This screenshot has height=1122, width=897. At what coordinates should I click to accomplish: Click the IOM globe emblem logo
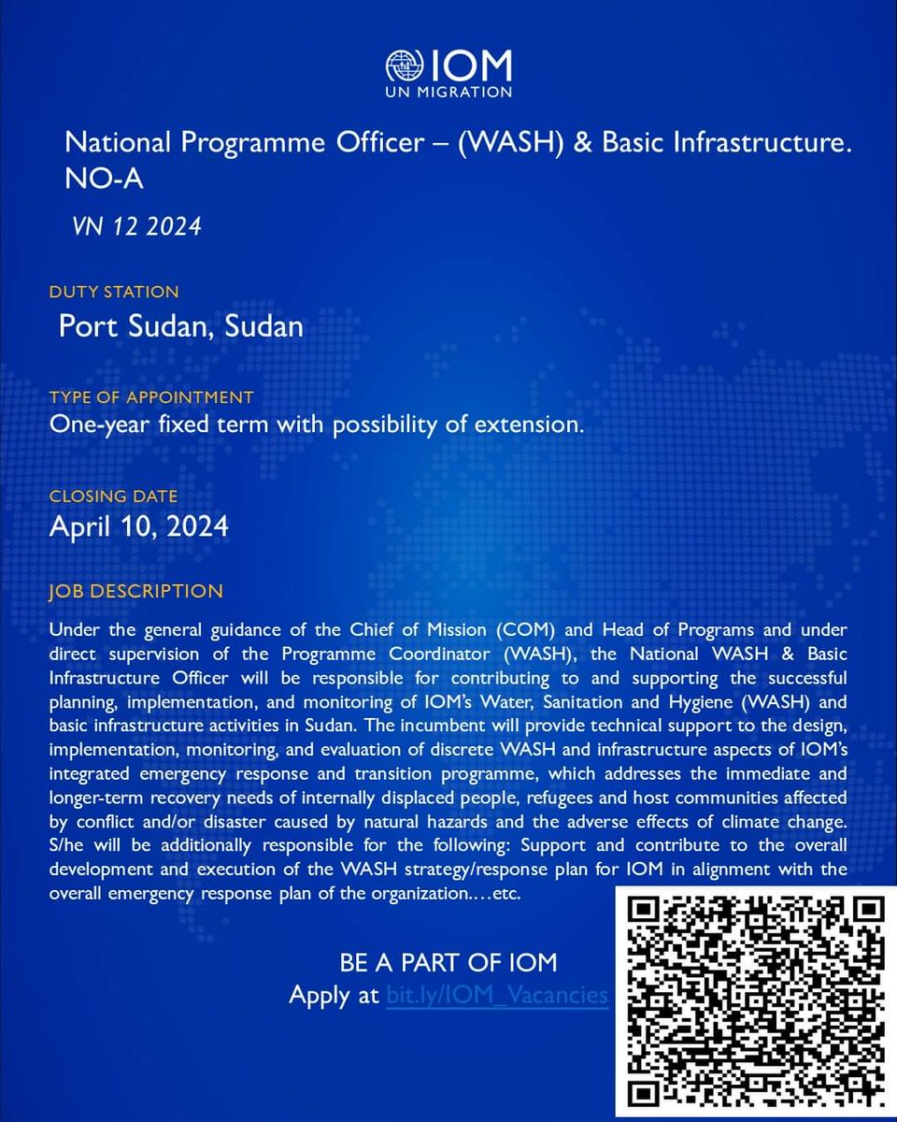[x=405, y=66]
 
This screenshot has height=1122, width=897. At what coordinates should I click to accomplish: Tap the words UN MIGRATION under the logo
[x=449, y=92]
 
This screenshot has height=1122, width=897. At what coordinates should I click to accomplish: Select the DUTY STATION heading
[x=114, y=293]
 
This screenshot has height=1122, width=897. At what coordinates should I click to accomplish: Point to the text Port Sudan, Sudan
[x=180, y=326]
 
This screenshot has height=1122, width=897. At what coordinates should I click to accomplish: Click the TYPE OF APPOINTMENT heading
[x=151, y=397]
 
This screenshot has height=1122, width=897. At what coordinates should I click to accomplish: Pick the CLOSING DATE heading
[x=113, y=496]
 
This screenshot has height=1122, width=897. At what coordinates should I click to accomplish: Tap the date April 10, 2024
[x=138, y=526]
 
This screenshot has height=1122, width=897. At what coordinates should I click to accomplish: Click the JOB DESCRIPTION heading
[x=136, y=591]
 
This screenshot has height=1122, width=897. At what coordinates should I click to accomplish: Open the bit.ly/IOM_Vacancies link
[x=497, y=995]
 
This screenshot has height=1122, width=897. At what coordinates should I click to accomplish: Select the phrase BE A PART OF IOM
[x=448, y=963]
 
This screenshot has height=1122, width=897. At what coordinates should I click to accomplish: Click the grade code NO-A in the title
[x=104, y=180]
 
